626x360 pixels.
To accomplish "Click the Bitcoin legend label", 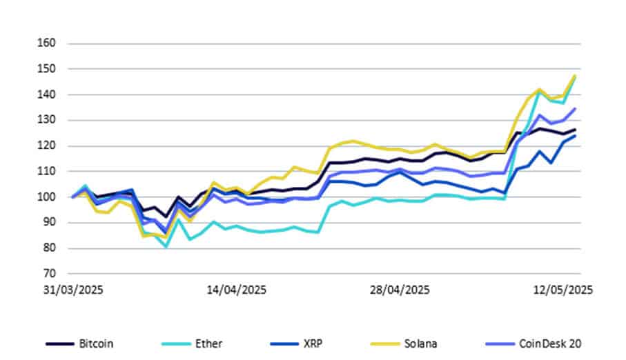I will pos(96,343).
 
